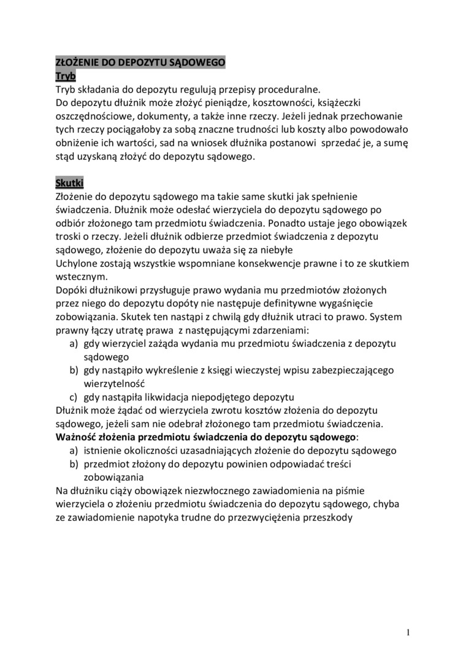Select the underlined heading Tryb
[65, 76]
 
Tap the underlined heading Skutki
[69, 183]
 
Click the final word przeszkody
[321, 517]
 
